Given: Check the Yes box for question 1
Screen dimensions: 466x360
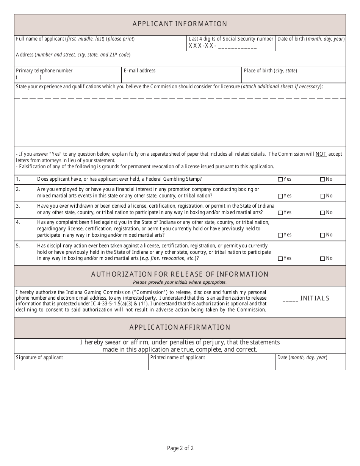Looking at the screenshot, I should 280,180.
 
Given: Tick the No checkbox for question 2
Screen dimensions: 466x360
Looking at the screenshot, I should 323,196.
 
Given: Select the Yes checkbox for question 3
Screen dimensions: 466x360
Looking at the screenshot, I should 280,213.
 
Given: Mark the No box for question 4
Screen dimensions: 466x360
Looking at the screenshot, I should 323,235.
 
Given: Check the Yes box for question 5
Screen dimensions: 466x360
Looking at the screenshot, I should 280,259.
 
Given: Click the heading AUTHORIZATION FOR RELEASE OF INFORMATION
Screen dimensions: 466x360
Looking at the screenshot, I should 180,274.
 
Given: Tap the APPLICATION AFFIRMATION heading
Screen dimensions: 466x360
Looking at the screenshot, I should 180,327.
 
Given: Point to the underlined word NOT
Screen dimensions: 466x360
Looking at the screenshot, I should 321,154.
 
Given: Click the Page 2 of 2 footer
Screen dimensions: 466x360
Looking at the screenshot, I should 180,448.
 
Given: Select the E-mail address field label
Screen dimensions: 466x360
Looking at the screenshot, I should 139,71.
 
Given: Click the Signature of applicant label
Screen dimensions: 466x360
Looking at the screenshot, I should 39,358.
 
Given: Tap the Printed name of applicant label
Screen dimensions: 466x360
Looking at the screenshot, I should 178,358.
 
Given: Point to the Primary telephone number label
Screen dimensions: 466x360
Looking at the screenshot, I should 44,71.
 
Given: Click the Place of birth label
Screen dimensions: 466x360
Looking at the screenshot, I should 270,71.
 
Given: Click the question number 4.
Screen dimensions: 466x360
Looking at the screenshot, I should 18,222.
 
